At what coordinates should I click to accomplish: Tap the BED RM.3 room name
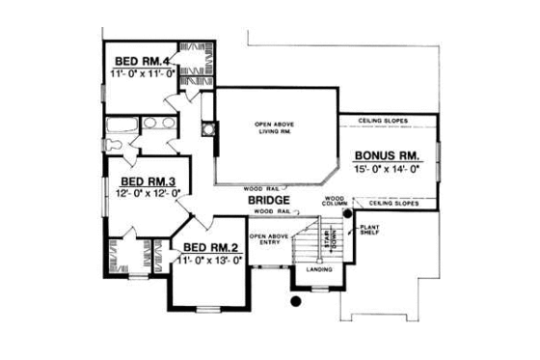click(x=146, y=180)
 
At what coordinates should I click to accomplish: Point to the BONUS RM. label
click(x=387, y=154)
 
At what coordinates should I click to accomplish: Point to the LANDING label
click(x=317, y=269)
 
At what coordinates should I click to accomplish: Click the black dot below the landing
click(x=296, y=300)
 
